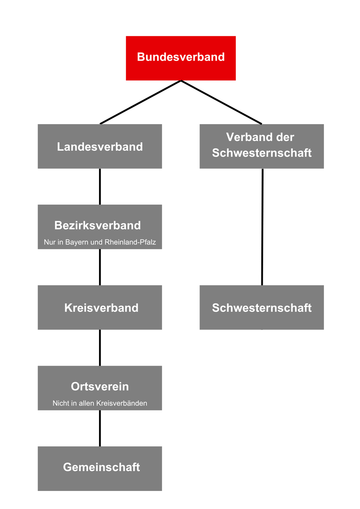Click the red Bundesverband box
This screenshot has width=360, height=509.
(181, 58)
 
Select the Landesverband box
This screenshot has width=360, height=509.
(100, 146)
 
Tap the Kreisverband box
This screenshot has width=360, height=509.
(100, 307)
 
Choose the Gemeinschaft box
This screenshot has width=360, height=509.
(100, 468)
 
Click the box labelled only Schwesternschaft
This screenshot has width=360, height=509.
(261, 307)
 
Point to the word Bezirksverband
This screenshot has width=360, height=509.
(97, 225)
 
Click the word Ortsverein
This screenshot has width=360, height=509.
(100, 386)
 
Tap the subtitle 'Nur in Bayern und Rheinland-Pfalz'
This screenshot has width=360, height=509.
(100, 242)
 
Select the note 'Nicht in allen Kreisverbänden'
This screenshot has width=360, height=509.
(100, 403)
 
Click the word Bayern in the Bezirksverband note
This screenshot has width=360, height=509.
(77, 242)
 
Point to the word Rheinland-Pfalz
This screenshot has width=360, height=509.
(130, 242)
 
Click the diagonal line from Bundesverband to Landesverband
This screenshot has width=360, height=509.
(141, 102)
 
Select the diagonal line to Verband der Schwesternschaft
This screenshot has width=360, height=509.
(221, 102)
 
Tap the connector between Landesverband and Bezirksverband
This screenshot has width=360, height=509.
(100, 186)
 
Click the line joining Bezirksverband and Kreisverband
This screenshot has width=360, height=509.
(100, 267)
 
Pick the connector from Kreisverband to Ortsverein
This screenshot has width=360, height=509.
(100, 347)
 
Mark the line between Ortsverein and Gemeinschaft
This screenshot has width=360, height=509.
(100, 428)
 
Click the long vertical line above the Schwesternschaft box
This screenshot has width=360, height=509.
(262, 227)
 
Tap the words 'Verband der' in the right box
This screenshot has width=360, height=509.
(260, 137)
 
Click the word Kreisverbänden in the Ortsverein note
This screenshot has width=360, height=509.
(121, 403)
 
